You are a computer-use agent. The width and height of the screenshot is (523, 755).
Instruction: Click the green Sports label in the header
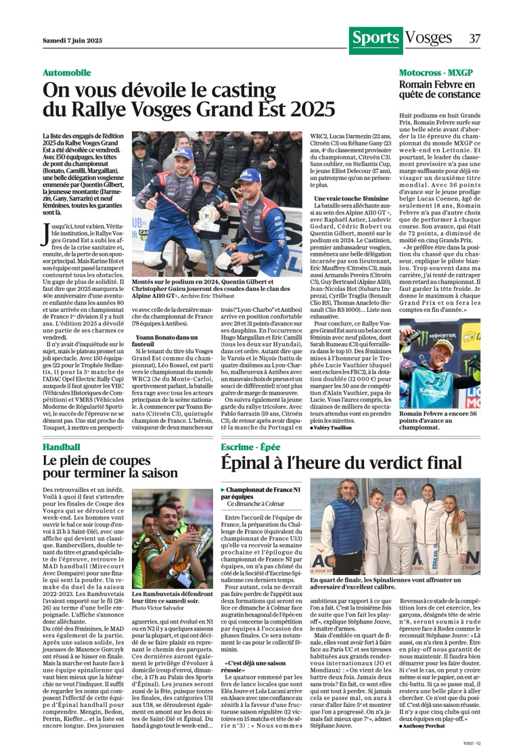tap(376, 38)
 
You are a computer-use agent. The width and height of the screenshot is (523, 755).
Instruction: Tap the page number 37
tap(474, 39)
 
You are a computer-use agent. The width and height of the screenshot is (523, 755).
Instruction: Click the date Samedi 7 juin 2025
tap(72, 41)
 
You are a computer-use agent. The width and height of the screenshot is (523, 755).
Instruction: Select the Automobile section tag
tap(66, 72)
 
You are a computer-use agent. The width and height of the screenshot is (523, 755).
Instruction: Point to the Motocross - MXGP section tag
tap(436, 72)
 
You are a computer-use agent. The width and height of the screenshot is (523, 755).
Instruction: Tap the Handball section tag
tap(61, 447)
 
